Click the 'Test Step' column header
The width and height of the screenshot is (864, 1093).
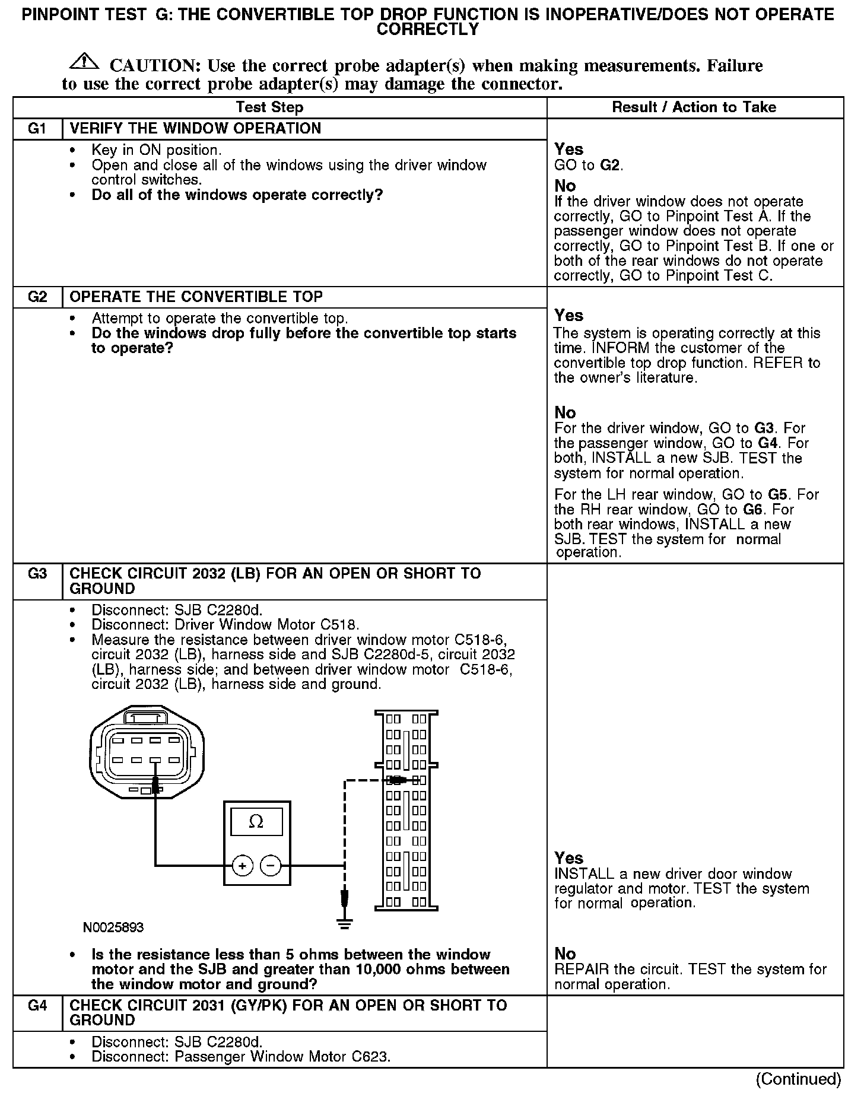coord(269,107)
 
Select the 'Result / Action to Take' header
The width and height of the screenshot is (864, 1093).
coord(694,107)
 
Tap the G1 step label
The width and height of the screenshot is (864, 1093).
coord(37,129)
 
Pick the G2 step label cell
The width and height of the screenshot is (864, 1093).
coord(37,297)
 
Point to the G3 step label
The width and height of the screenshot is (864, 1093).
coord(37,574)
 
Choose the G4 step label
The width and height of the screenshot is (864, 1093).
coord(37,1006)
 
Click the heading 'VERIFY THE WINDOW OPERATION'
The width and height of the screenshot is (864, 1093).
coord(195,129)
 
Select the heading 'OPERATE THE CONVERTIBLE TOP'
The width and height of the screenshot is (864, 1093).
coord(196,297)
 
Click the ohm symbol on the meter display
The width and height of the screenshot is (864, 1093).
coord(256,822)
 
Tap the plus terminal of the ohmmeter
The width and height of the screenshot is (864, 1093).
coord(242,866)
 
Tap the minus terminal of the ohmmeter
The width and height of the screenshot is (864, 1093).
coord(271,866)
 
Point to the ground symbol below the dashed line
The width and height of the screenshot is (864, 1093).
coord(344,922)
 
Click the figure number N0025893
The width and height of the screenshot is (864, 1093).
coord(113,927)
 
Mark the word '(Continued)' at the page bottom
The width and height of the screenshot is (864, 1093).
coord(799,1079)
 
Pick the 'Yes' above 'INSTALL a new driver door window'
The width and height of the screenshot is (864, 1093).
coord(568,858)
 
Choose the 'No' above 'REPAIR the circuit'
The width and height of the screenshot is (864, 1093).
coord(565,954)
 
